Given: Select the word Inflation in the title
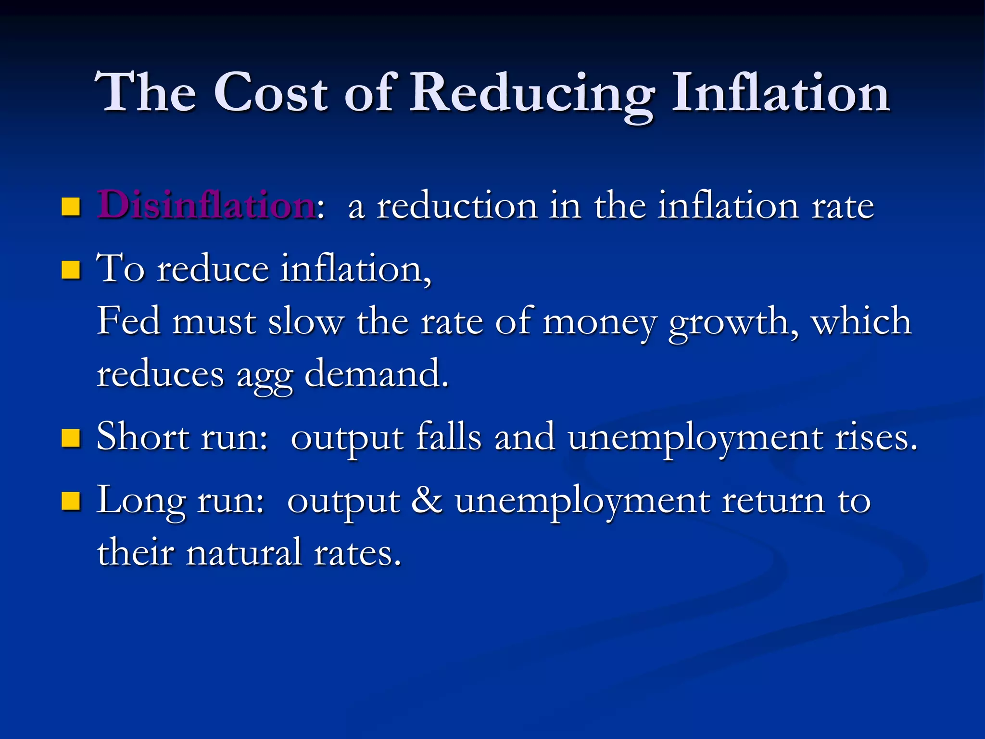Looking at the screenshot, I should (x=780, y=92).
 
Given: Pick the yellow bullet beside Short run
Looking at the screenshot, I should (x=71, y=438).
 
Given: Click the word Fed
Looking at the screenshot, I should (x=128, y=321).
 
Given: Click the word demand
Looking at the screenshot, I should (x=377, y=374).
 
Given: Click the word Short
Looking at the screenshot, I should (x=143, y=437).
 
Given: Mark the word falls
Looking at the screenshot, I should (x=449, y=437).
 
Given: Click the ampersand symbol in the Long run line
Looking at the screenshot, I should (x=427, y=500).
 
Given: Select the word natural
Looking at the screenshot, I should (x=244, y=552).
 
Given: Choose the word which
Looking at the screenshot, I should (x=861, y=321).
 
